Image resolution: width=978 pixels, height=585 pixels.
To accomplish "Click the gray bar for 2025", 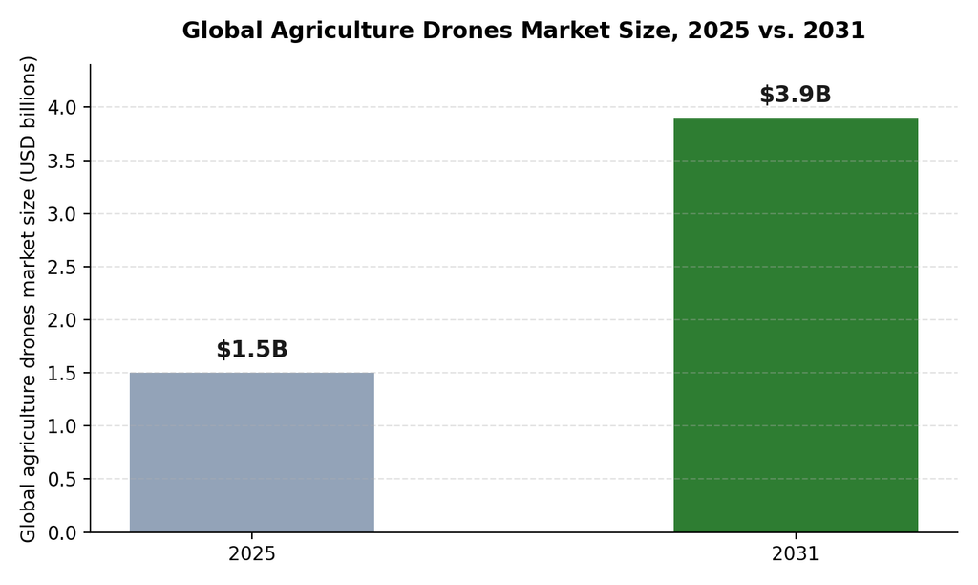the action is click(x=252, y=453).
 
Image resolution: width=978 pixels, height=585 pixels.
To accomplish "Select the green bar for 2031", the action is click(x=796, y=325).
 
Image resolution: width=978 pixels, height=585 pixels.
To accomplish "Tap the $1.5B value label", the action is click(x=252, y=350).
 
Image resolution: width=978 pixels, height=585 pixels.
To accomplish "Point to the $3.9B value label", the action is click(x=796, y=95).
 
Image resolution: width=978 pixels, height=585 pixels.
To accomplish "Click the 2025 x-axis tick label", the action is click(x=252, y=553).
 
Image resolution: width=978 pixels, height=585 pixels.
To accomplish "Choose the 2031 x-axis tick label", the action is click(x=796, y=553).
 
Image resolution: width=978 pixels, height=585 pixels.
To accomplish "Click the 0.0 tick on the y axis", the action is click(x=62, y=533).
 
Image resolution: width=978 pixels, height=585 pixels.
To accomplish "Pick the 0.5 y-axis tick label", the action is click(x=62, y=480).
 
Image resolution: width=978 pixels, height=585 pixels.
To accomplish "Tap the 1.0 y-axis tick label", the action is click(x=62, y=426).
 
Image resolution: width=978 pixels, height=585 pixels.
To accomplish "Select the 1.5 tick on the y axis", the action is click(x=62, y=374).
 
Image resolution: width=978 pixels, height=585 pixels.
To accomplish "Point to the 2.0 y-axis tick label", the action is click(x=62, y=320).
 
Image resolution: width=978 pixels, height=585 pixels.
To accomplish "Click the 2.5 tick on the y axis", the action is click(x=62, y=268).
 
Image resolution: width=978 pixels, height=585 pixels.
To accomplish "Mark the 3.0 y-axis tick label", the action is click(x=62, y=214).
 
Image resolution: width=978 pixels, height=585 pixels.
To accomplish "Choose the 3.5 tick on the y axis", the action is click(x=62, y=162).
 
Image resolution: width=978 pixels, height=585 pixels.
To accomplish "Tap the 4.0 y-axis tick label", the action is click(x=62, y=108).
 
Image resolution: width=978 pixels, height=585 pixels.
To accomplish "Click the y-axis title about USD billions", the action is click(x=29, y=299).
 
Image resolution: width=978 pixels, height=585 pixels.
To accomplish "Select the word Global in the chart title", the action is click(x=222, y=30).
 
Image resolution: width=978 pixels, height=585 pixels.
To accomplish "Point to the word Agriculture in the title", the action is click(x=343, y=31).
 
